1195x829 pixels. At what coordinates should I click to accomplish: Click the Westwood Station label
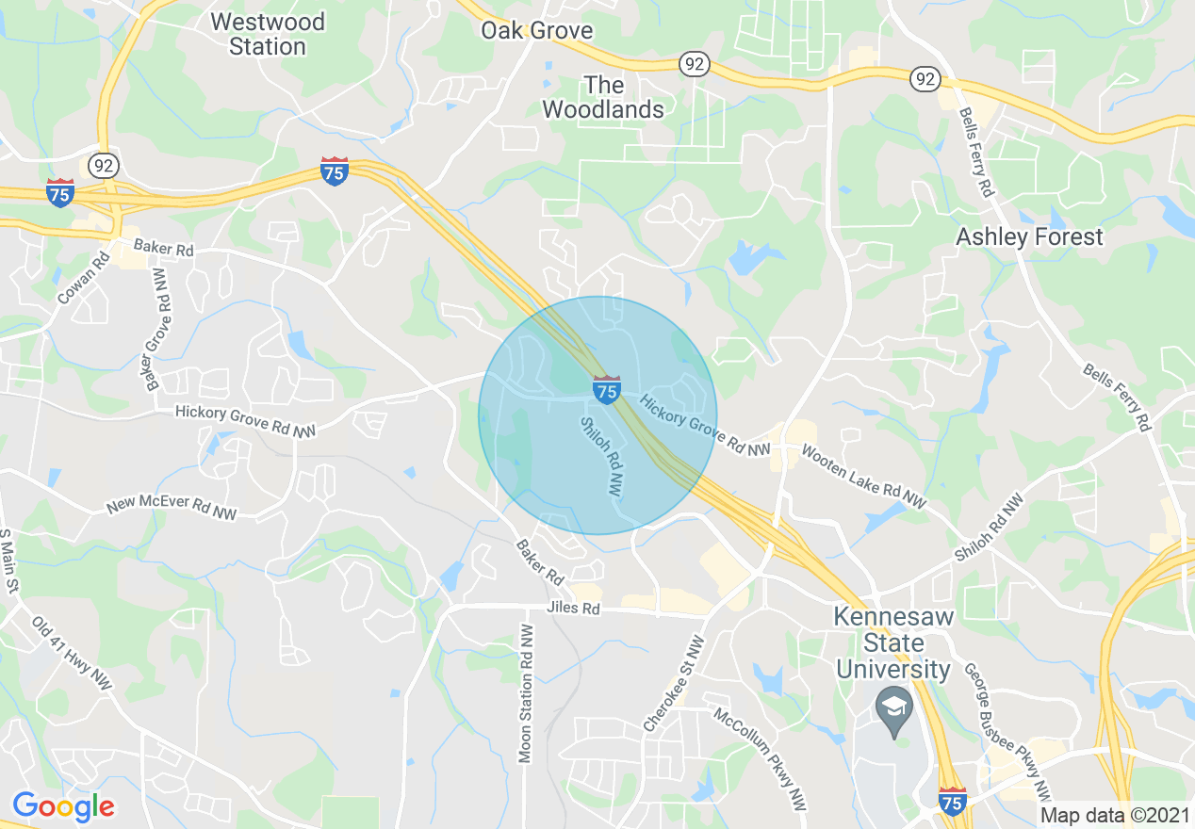coord(267,34)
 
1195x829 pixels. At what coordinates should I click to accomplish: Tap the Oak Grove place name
coord(536,30)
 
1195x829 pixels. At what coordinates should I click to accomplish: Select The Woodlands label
coord(603,97)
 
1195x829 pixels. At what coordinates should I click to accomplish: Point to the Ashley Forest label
coord(1029,236)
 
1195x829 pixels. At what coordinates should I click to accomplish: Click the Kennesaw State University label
coord(893,643)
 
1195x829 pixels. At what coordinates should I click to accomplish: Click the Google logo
coord(63,806)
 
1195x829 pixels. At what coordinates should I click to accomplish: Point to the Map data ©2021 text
coord(1114,814)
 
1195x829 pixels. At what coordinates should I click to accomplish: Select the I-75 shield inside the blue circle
coord(607,388)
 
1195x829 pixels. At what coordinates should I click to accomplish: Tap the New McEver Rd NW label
coord(172,509)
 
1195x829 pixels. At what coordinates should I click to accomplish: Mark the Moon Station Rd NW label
coord(526,691)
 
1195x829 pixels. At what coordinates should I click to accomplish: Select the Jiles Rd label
coord(573,609)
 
